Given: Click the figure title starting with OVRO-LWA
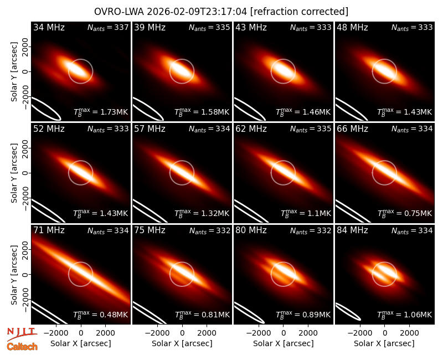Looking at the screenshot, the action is coord(221,12).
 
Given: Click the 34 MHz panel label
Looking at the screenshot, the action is coord(49,27).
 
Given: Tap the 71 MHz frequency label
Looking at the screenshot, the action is coord(49,230).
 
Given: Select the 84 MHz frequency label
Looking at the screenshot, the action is coord(352,230).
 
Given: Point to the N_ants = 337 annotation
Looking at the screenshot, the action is coord(108,27).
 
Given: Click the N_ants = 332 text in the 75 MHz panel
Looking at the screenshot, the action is coord(210,230).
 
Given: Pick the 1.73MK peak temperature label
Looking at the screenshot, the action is coord(101,112).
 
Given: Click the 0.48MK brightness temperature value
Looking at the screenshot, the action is coord(101,314).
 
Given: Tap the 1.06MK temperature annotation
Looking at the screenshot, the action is coord(405,314).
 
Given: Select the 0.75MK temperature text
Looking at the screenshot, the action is coord(405,213).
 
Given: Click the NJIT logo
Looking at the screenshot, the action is coord(22,334).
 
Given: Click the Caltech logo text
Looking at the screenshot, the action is coord(22,347).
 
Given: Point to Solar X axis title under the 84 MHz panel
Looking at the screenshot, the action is coord(384,343).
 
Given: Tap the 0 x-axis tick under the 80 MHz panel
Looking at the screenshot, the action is coord(284,333).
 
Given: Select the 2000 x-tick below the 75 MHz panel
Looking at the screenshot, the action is coord(207,333).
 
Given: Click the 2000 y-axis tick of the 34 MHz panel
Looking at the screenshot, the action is coord(25,47).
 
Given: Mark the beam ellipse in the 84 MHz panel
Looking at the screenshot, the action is coord(348,311).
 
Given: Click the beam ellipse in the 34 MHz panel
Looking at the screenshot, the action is coord(45,108).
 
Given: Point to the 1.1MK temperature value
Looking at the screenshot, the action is coord(306,213).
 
